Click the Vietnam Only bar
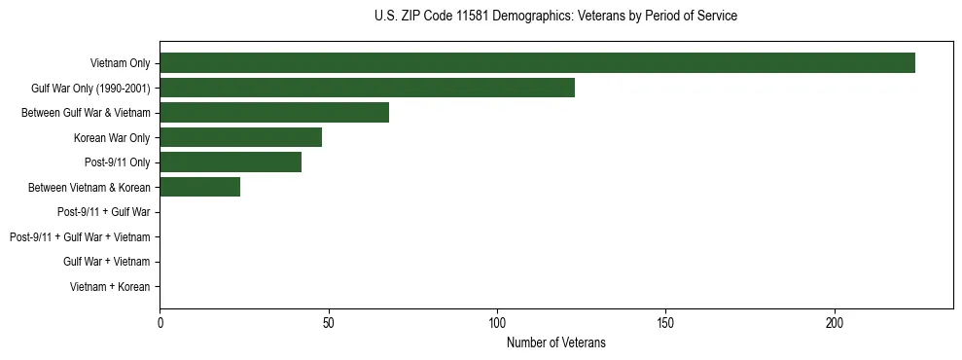pos(537,63)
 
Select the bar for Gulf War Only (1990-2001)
pos(367,88)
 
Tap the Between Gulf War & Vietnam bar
pos(274,113)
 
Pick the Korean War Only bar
pos(240,137)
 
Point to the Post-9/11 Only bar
pos(231,162)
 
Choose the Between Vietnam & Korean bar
pos(199,188)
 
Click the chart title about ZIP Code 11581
pos(555,17)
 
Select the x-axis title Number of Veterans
pos(555,342)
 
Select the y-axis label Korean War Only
pos(112,138)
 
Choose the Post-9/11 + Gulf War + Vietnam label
pos(80,237)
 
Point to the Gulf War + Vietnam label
pos(107,262)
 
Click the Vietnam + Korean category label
pos(110,287)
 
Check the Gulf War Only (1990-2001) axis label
pos(90,89)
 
